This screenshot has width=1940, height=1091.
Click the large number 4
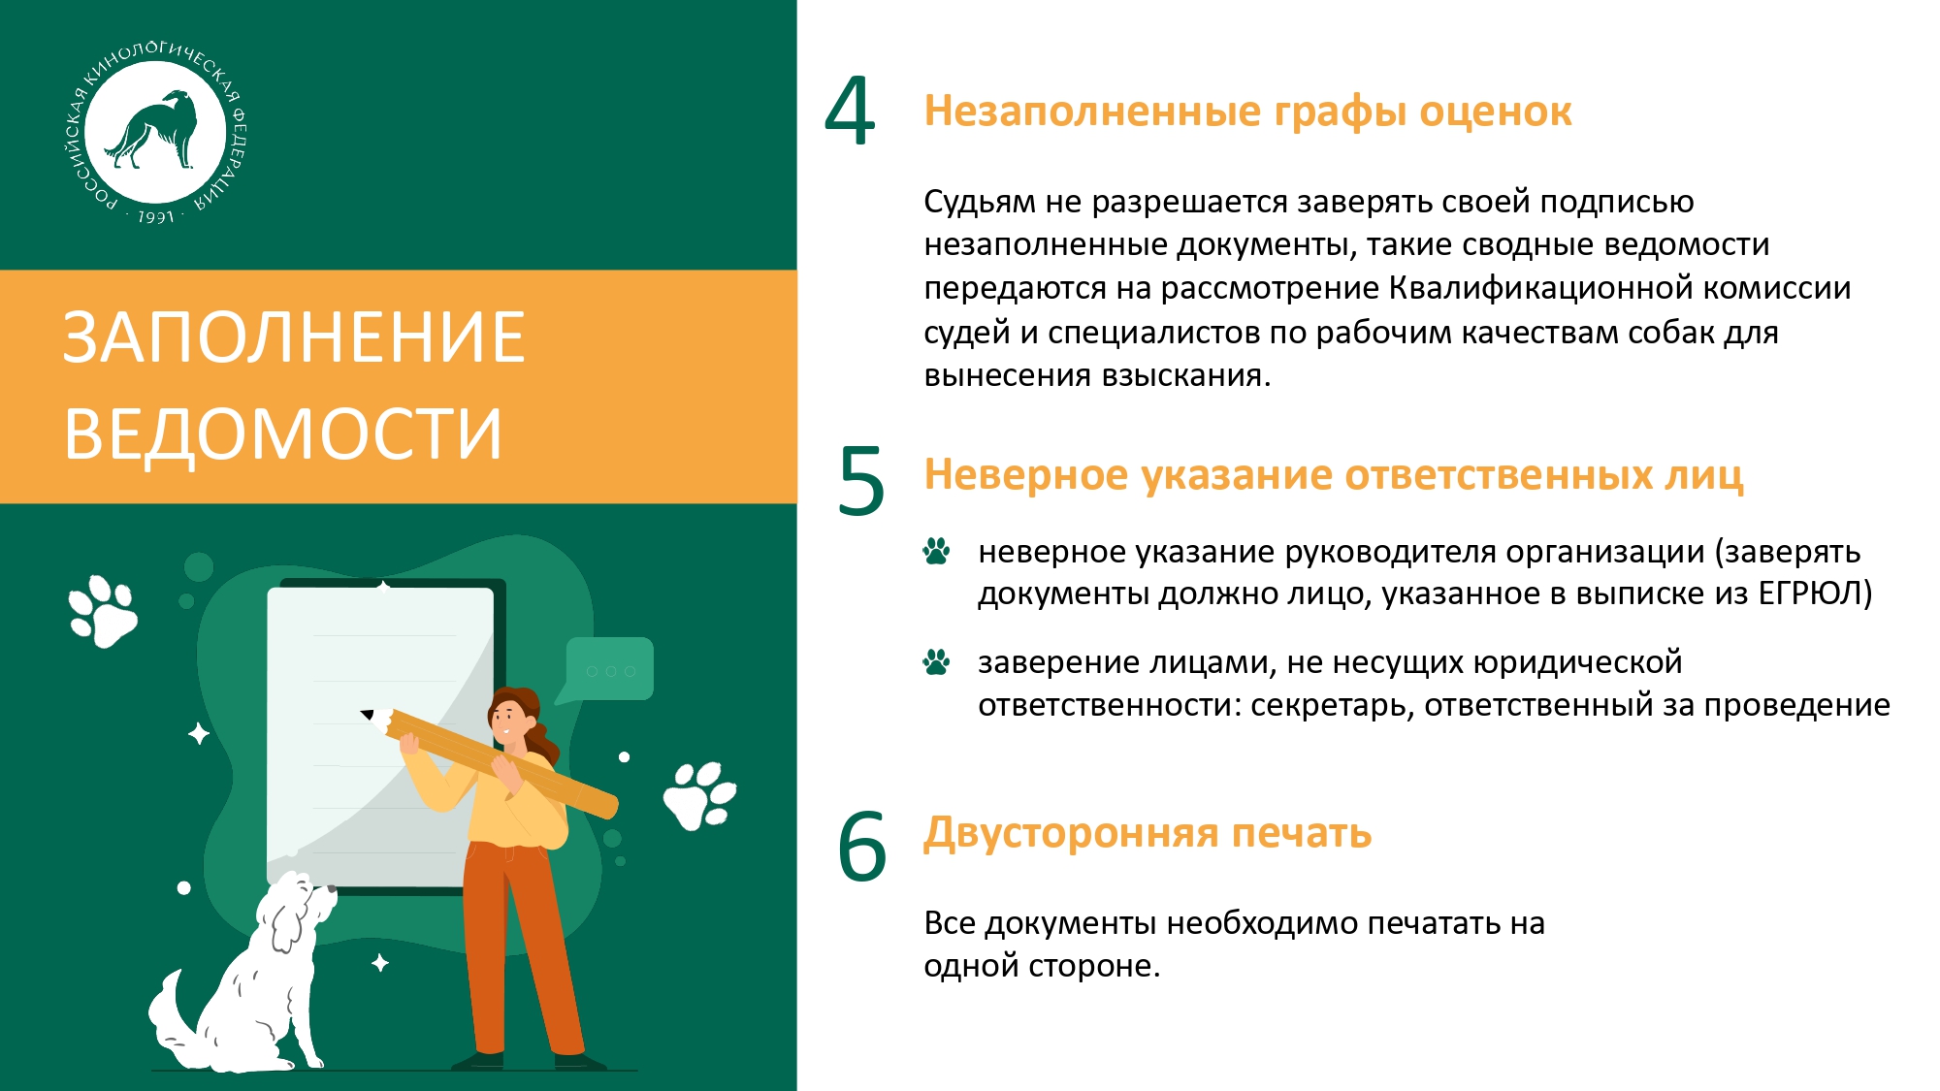[x=850, y=112]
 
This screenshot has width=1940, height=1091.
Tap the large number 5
[x=861, y=480]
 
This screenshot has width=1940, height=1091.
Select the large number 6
[x=861, y=845]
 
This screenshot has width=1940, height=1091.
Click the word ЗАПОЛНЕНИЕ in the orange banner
[x=294, y=337]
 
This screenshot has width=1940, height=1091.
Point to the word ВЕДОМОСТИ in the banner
[x=283, y=433]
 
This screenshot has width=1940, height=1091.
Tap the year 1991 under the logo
[x=155, y=217]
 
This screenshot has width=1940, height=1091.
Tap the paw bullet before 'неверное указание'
[x=936, y=551]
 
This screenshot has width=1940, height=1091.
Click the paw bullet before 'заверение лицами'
[x=936, y=661]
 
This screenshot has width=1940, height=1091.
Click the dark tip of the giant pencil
[x=368, y=715]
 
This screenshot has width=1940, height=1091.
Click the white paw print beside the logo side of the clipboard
[x=103, y=611]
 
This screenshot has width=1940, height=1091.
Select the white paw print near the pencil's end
[x=700, y=795]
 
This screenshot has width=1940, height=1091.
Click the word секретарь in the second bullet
[x=1332, y=705]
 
